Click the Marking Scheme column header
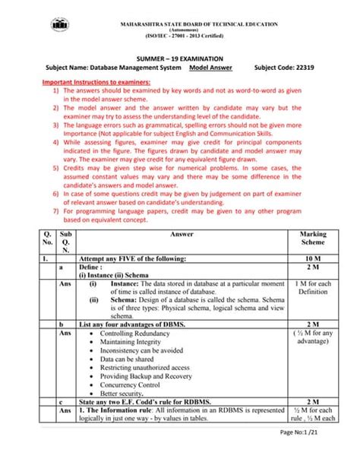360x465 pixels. tap(313, 239)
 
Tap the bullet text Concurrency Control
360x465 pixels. tap(134, 385)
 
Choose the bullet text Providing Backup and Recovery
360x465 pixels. tap(146, 375)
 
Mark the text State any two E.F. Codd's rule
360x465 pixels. tap(139, 401)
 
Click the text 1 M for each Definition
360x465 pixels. tap(313, 287)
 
